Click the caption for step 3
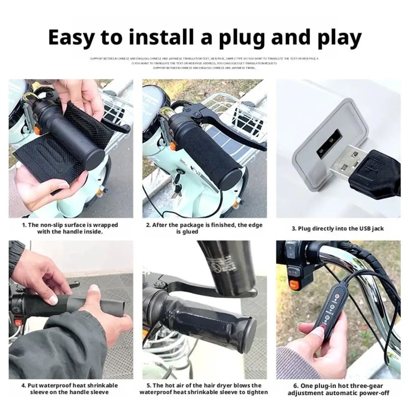tap(337, 228)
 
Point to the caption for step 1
tap(70, 227)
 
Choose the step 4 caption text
tap(69, 389)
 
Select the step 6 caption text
tap(338, 389)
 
